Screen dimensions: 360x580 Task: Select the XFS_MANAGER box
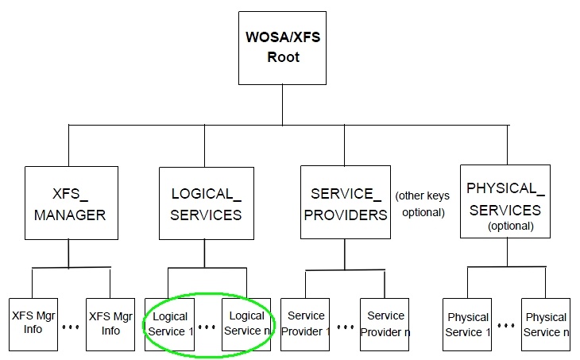click(x=68, y=203)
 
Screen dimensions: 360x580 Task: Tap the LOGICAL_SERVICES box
click(x=207, y=203)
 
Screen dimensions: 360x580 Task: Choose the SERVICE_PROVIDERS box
click(x=344, y=203)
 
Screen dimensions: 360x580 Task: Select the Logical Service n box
click(x=246, y=323)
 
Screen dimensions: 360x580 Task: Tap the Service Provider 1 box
click(x=306, y=323)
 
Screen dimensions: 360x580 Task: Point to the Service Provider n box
click(x=385, y=323)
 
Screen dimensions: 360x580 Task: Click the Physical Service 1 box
click(x=466, y=325)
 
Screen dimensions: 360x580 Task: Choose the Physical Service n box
click(x=546, y=325)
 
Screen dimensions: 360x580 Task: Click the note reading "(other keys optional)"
click(x=420, y=204)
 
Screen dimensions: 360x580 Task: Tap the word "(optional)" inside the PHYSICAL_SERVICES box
click(x=510, y=226)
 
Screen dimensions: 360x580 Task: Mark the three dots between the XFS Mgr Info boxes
click(x=70, y=327)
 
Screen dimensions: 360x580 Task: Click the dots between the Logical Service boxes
click(x=207, y=327)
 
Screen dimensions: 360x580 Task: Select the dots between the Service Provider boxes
click(x=345, y=327)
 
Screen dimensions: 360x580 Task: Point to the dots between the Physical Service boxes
click(x=505, y=327)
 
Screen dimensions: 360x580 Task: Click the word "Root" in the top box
click(x=283, y=58)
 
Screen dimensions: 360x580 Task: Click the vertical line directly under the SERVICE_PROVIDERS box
click(x=344, y=254)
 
